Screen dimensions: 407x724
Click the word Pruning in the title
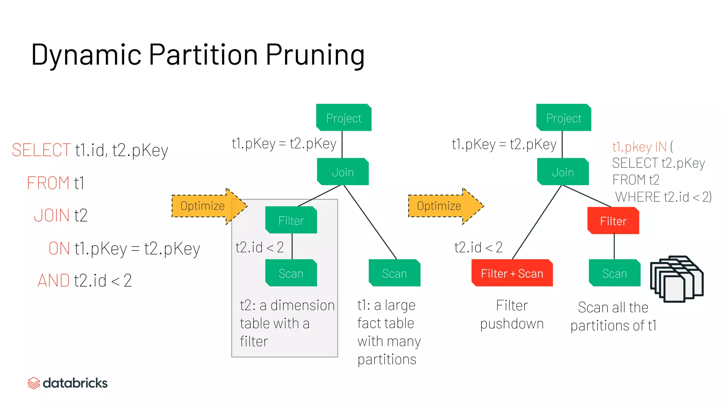pos(315,55)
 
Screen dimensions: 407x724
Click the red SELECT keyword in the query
pos(41,150)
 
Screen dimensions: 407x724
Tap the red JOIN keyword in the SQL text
pos(52,216)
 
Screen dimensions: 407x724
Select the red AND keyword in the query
pos(53,281)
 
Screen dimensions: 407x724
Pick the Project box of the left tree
pos(344,118)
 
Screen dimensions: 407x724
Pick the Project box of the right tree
pos(564,118)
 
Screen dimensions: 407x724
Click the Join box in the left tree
pos(343,172)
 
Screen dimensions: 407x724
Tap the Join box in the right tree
pos(563,172)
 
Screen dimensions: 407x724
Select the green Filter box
pos(291,220)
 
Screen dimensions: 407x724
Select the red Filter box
pos(613,221)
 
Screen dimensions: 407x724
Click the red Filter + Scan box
pos(512,273)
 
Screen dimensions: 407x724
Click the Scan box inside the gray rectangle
pos(291,273)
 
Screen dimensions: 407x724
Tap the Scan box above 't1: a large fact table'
pos(394,273)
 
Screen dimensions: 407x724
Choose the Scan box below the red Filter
pos(614,273)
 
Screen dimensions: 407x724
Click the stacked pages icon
pos(676,279)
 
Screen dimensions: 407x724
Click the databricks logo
pos(68,383)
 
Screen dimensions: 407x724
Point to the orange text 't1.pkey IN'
pos(639,147)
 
